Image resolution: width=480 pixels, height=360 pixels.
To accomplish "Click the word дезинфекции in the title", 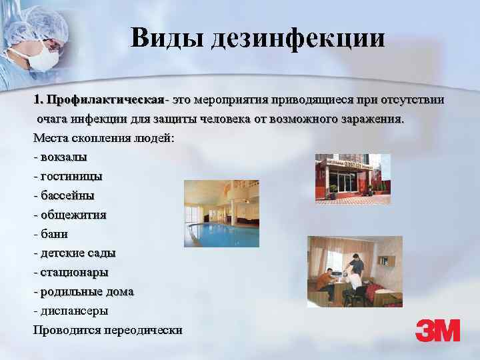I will click(x=298, y=38).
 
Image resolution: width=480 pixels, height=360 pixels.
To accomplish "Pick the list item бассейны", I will click(x=67, y=196).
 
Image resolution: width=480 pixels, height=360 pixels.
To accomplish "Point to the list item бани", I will click(x=54, y=234).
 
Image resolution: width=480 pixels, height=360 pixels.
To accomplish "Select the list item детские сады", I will click(x=77, y=253).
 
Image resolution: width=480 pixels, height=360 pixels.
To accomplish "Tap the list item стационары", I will click(x=74, y=272).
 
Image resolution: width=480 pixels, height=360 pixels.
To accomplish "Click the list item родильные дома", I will click(x=87, y=291).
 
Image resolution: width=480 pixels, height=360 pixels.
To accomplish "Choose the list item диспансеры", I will click(x=74, y=311).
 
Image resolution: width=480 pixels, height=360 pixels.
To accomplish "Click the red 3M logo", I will click(x=437, y=330).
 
